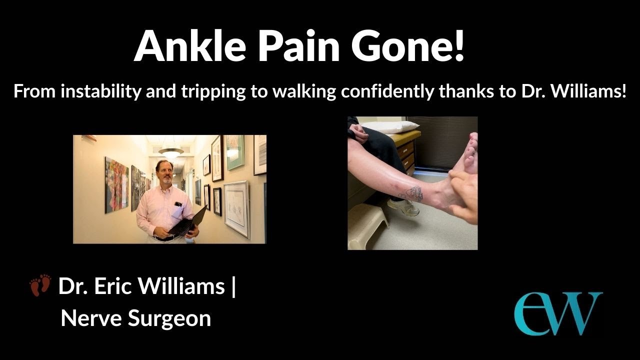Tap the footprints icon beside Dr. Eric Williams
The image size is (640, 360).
(x=40, y=285)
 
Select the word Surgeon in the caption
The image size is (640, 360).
(x=169, y=318)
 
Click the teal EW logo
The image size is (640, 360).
(x=558, y=313)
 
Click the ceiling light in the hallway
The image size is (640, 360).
(x=170, y=151)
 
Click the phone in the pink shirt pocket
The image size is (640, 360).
(x=178, y=204)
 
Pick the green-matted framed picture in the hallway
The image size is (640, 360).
(x=235, y=152)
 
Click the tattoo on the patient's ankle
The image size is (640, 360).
(x=412, y=193)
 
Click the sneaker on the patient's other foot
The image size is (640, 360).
(x=403, y=207)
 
